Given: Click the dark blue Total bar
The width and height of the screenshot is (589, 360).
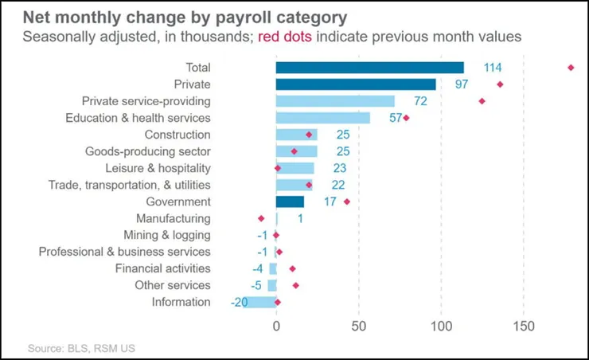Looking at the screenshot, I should pos(369,68).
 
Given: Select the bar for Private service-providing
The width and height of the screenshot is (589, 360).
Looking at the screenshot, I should pos(335,101).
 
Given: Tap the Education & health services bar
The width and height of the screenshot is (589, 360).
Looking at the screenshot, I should pos(322,118).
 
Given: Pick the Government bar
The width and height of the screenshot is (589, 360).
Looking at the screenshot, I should pos(290,202).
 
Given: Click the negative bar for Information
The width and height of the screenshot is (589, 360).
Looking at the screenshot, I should pos(259,302).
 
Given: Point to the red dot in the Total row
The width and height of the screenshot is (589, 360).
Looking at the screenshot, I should pos(571,68).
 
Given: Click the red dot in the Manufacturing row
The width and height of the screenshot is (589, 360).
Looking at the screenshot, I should pos(260,218).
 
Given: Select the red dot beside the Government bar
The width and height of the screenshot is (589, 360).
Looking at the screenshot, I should pos(346,202).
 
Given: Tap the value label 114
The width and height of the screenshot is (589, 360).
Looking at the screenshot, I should pos(493,68).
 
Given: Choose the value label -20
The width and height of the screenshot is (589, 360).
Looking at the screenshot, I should pos(239,302).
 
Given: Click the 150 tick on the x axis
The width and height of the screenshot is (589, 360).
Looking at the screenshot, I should pos(524,326).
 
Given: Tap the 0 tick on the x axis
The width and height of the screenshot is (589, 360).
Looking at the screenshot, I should pos(276,326).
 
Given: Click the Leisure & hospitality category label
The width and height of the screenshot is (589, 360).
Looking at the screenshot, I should pos(158,168).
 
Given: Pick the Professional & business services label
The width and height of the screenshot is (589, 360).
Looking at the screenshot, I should pos(125,252).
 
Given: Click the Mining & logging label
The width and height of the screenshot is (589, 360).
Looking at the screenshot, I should pos(167,235).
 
